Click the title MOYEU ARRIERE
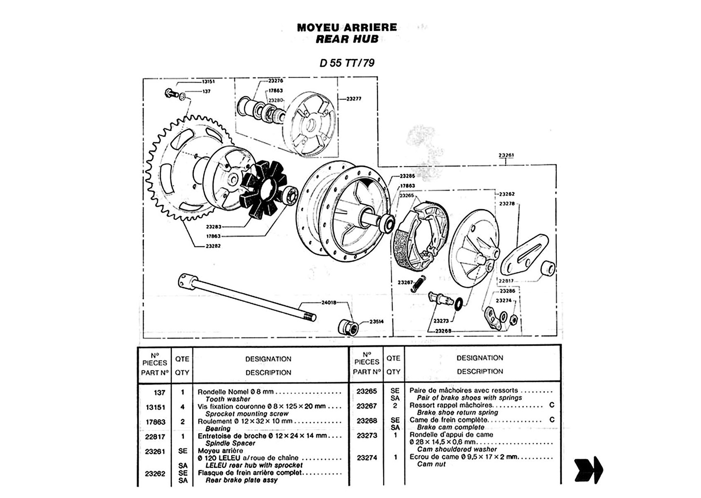point(347,27)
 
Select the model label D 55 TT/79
point(347,63)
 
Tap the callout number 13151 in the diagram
point(208,82)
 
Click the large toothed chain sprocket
point(174,174)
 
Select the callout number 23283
point(214,227)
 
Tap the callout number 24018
point(329,303)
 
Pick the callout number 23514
point(376,321)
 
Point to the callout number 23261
point(506,156)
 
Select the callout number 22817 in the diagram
point(506,281)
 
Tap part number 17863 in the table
point(156,422)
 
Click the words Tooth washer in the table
point(228,399)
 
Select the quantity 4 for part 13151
point(182,407)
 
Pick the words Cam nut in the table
point(431,464)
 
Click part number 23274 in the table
point(367,457)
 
